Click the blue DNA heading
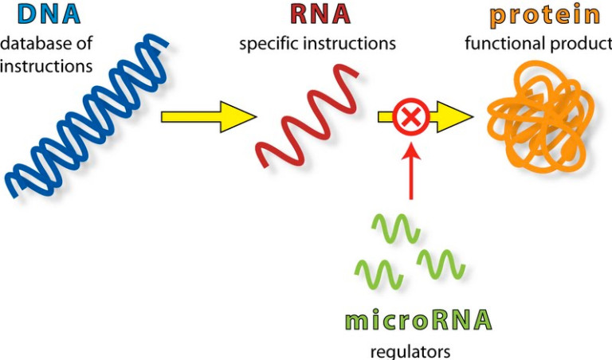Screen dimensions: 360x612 pos(39,15)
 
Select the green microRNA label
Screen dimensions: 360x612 pos(418,322)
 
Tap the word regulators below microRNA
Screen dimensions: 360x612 pos(410,350)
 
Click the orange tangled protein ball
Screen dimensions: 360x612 pos(542,119)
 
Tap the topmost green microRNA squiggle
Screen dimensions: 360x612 pos(395,227)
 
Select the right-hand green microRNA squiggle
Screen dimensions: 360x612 pos(441,263)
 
